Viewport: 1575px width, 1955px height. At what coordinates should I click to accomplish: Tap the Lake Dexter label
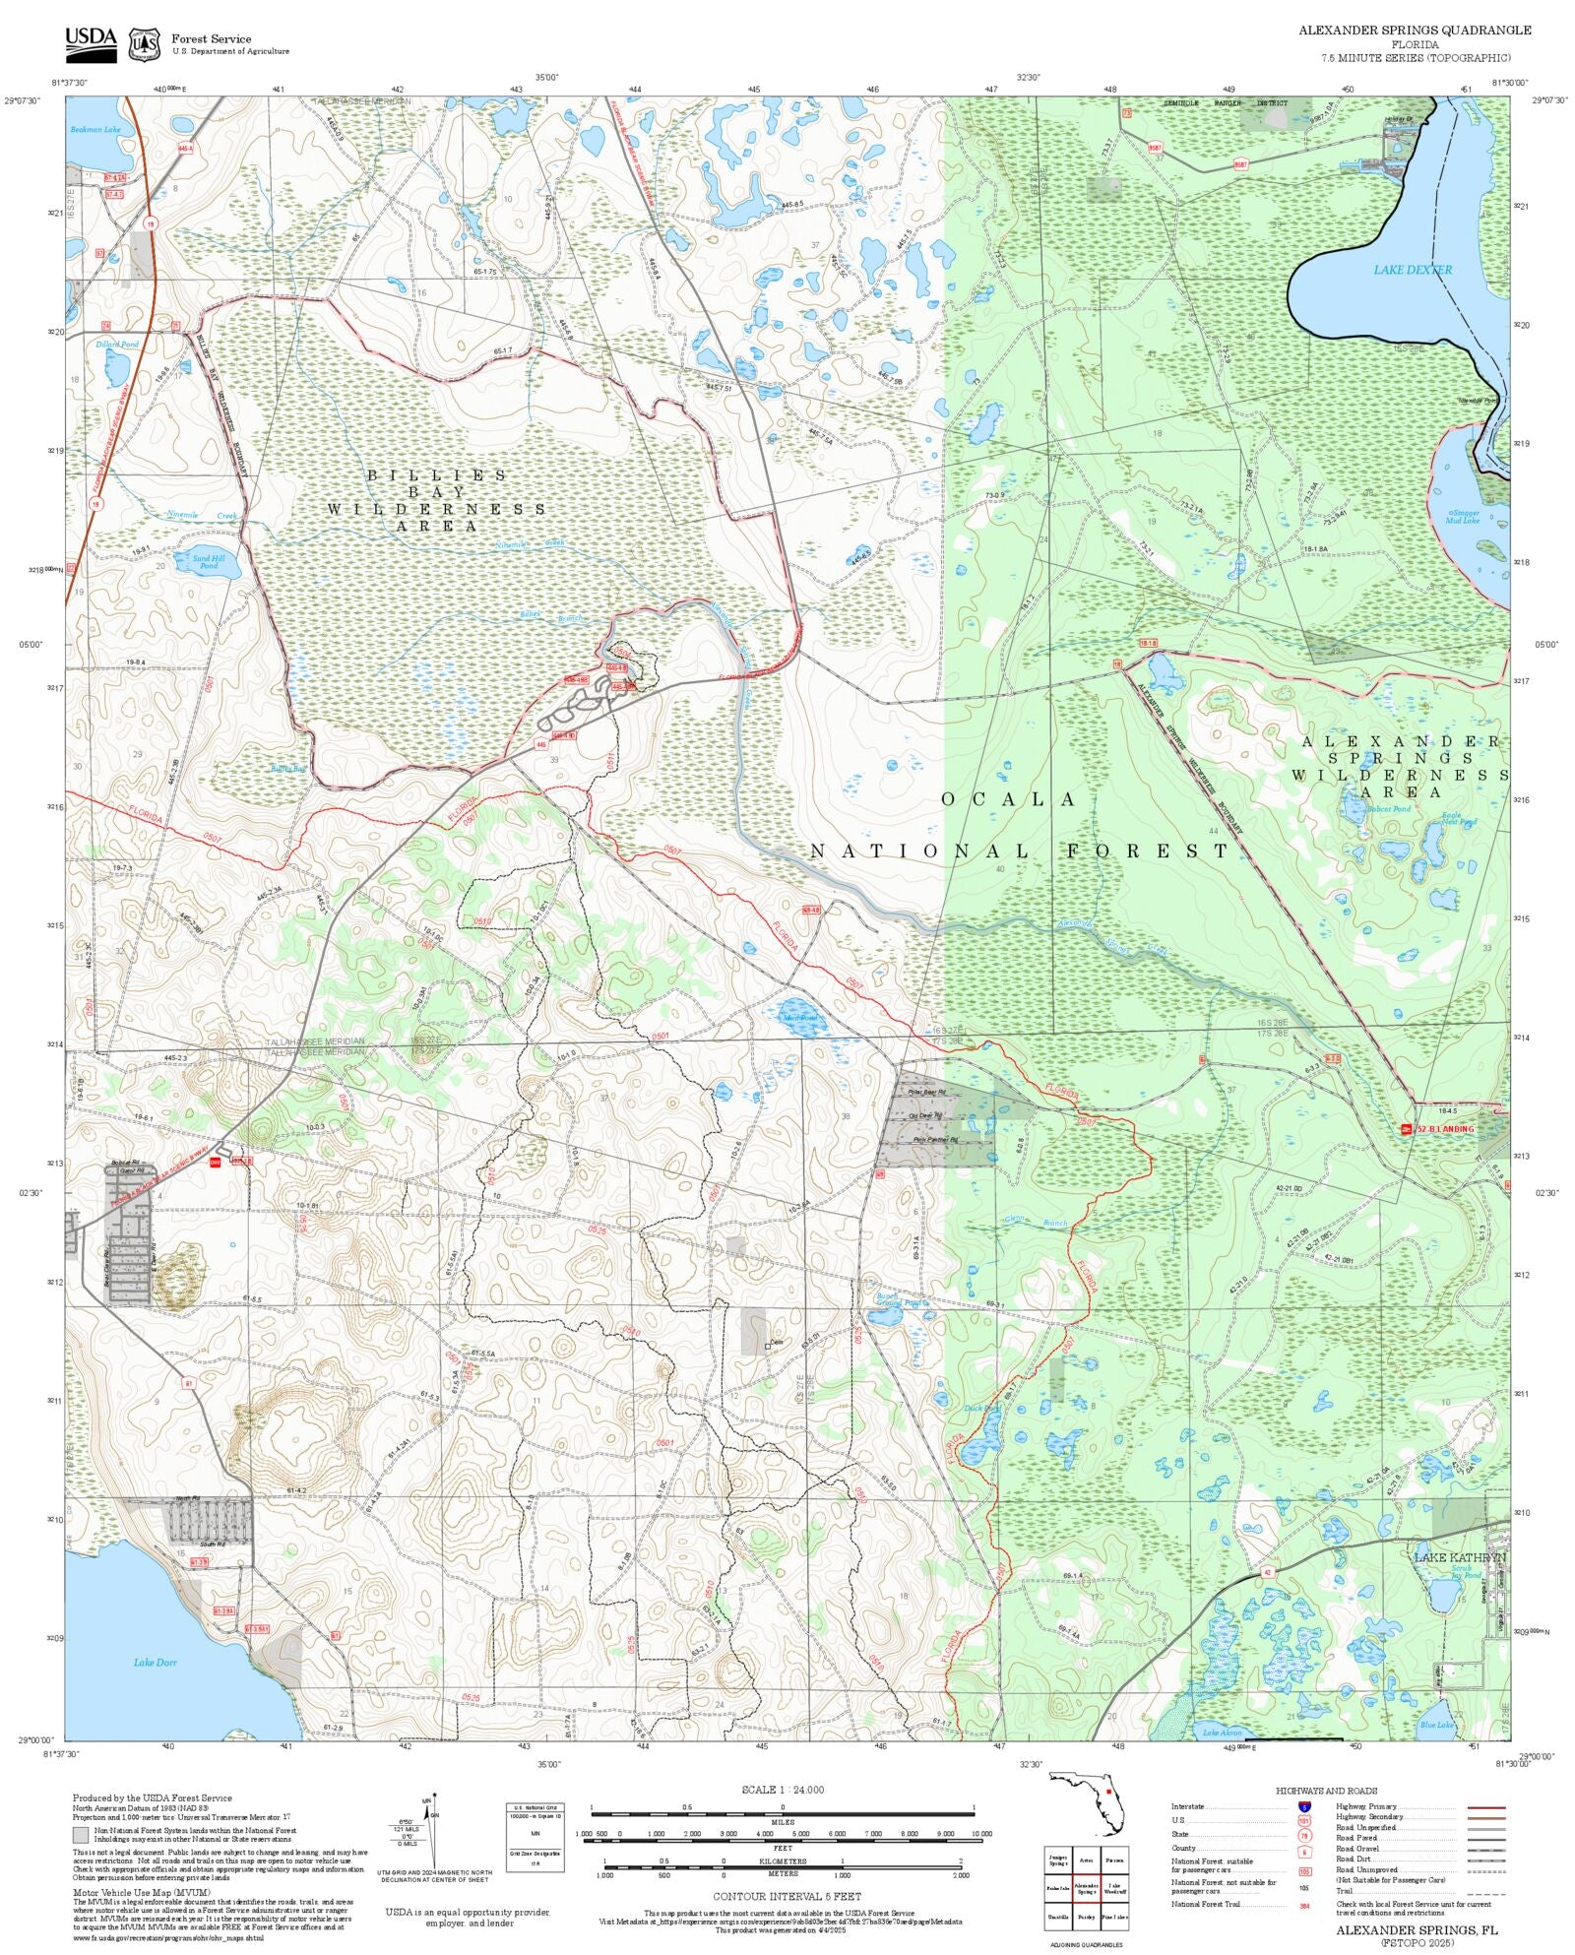(x=1413, y=270)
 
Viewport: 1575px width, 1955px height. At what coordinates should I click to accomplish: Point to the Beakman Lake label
(x=95, y=130)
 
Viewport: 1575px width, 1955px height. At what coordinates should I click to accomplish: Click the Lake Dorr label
(x=156, y=1662)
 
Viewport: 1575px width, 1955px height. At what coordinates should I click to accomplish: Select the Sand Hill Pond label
(x=209, y=562)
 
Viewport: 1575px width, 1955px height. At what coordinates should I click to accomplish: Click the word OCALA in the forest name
(x=1009, y=799)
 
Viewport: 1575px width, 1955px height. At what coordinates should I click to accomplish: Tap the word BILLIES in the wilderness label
(x=437, y=475)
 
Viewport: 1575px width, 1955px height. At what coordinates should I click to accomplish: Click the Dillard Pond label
(x=117, y=345)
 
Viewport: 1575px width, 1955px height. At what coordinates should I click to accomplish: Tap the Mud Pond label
(x=799, y=1018)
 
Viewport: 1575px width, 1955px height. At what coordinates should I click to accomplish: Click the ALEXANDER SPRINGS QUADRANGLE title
(x=1414, y=31)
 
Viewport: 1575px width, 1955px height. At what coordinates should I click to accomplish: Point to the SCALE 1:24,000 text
(x=783, y=1790)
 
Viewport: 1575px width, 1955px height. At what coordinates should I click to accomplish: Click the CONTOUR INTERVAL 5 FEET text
(x=787, y=1896)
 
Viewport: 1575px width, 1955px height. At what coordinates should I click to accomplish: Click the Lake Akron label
(x=1222, y=1733)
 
